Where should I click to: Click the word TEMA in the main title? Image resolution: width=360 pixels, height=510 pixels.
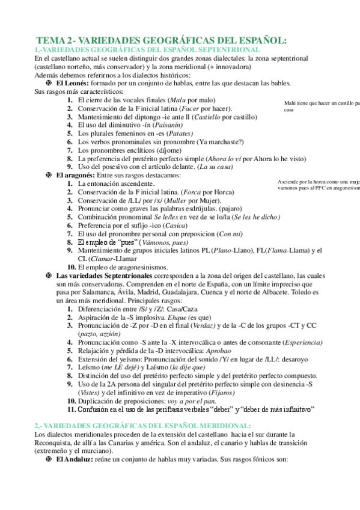point(50,40)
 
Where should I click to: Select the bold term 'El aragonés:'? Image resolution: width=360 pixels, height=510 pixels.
point(76,174)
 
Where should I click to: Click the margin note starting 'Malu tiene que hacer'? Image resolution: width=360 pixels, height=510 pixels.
point(322,106)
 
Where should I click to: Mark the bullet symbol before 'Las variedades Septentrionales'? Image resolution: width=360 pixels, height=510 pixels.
point(49,275)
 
